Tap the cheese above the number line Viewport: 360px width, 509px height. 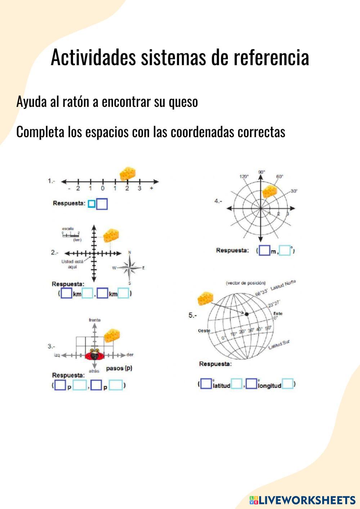point(128,173)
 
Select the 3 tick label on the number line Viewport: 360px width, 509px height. point(139,188)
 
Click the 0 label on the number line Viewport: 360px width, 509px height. point(103,188)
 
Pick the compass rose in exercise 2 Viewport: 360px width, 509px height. point(130,267)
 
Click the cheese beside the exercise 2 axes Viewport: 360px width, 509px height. point(111,236)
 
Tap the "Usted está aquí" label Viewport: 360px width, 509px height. point(72,264)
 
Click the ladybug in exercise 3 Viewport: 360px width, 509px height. point(95,355)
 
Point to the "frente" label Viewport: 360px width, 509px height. point(95,320)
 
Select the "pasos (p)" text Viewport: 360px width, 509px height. point(119,369)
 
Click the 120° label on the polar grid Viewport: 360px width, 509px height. point(244,176)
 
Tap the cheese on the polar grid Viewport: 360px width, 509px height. point(269,192)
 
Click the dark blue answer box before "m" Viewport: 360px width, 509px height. point(264,251)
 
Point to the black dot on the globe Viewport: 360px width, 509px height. point(247,314)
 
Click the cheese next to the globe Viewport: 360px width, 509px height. point(205,299)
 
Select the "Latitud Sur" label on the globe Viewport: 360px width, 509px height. point(279,345)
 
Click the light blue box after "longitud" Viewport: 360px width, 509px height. point(288,384)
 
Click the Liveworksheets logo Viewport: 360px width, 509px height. point(302,500)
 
